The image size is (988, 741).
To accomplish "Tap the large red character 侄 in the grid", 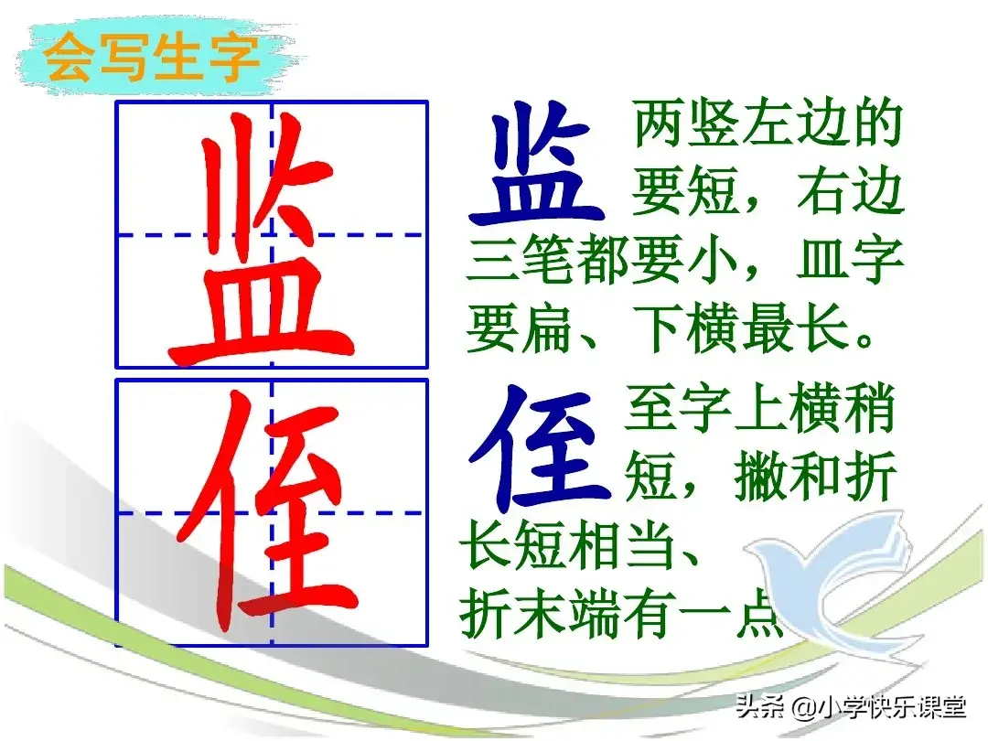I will tap(265, 512).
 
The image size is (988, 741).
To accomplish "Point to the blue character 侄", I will tap(540, 446).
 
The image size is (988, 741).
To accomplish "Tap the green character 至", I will tap(650, 410).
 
